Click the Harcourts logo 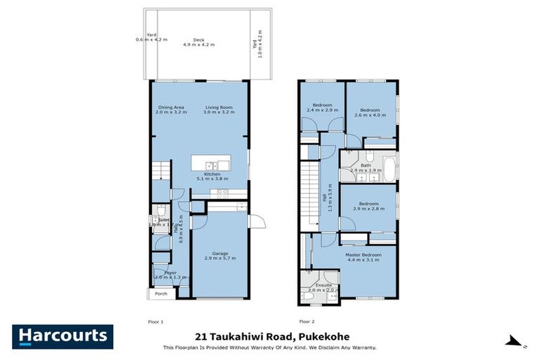[x=63, y=336]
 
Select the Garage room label [x=220, y=254]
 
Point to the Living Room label [x=218, y=107]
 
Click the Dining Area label [x=171, y=107]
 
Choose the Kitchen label [x=212, y=174]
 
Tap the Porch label [x=162, y=293]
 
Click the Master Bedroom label [x=363, y=255]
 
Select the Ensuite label [x=314, y=285]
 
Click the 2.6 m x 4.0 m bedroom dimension [x=371, y=115]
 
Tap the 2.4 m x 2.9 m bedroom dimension [x=322, y=110]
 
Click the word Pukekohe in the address [x=323, y=336]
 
